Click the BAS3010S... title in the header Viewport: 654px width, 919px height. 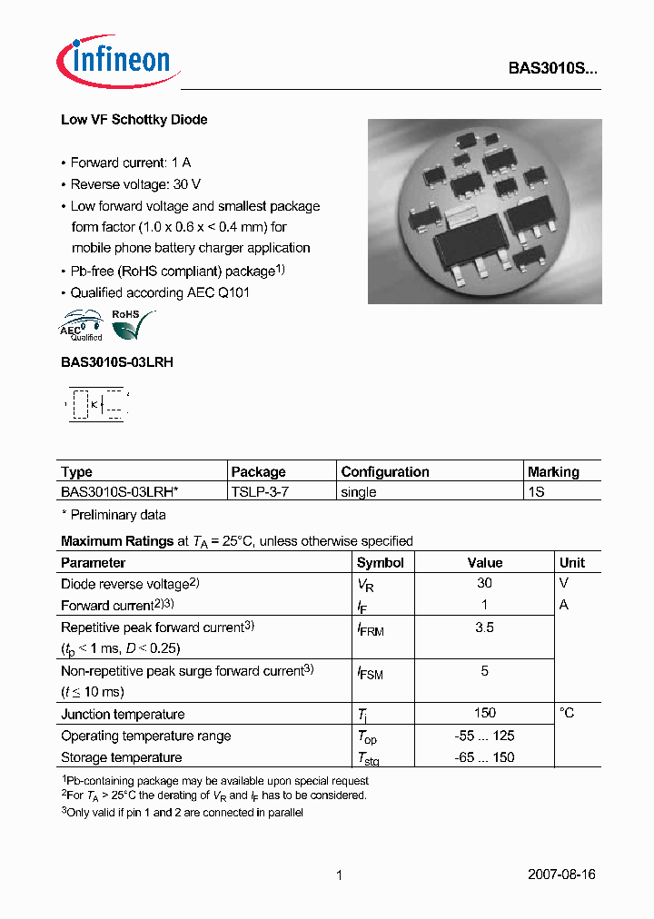(552, 68)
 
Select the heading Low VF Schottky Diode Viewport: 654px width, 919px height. (134, 120)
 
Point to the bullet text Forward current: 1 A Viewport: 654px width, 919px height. (130, 163)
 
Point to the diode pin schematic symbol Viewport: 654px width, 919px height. (95, 403)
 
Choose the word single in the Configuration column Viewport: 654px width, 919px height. (359, 492)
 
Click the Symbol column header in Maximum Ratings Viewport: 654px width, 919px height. (380, 563)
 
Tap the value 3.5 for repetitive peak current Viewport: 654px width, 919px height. (484, 627)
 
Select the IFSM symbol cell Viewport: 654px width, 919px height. (370, 673)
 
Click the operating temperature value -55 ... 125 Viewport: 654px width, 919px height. (484, 736)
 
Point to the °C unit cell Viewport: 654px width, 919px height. (567, 714)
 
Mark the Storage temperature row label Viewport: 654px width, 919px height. (121, 757)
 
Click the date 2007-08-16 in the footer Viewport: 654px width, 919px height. (561, 875)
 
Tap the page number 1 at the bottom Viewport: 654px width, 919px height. (339, 875)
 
